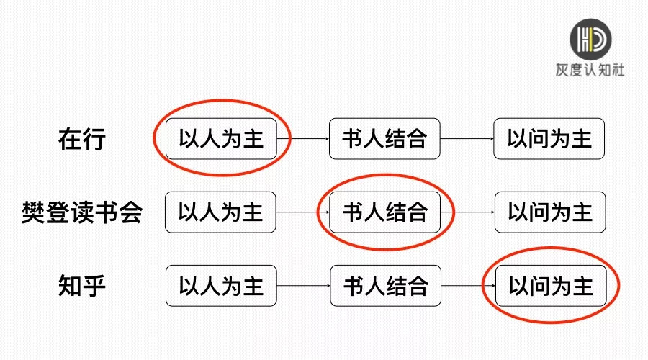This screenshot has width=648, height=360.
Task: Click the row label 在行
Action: pyautogui.click(x=81, y=139)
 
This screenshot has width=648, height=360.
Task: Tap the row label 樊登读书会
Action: pyautogui.click(x=81, y=212)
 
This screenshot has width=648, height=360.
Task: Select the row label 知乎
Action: pyautogui.click(x=81, y=286)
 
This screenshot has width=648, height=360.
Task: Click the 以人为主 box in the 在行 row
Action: pyautogui.click(x=221, y=139)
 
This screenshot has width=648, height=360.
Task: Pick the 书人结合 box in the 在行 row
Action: pyautogui.click(x=384, y=138)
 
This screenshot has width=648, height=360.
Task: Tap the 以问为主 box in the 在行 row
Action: pyautogui.click(x=549, y=139)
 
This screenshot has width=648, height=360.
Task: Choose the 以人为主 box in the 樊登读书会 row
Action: pyautogui.click(x=220, y=212)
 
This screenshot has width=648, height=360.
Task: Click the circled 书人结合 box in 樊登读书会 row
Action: pyautogui.click(x=384, y=212)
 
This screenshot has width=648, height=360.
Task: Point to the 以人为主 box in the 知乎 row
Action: pyautogui.click(x=221, y=286)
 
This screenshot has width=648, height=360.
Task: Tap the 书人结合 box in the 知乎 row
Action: pyautogui.click(x=385, y=286)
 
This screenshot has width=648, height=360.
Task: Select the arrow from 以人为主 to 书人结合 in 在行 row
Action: pyautogui.click(x=302, y=139)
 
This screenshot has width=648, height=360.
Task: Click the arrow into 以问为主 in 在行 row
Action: pyautogui.click(x=467, y=139)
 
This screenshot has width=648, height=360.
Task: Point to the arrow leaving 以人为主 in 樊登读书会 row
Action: pyautogui.click(x=302, y=212)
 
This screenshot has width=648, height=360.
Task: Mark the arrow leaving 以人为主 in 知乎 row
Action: pyautogui.click(x=303, y=286)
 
